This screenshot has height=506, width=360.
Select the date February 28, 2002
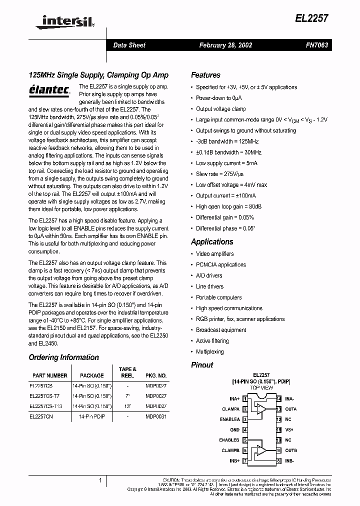coord(225,45)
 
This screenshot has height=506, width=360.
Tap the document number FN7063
coord(317,45)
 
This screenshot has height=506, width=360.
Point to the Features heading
coord(205,75)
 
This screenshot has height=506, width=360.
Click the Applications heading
coord(212,241)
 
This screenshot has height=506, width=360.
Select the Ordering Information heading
coord(63,357)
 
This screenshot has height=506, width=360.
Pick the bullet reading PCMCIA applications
coord(220,265)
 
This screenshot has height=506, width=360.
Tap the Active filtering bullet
coord(212,341)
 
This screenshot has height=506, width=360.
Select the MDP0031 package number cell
coord(156,416)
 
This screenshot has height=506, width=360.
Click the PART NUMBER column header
coord(49,375)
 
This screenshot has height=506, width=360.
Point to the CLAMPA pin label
coord(230,409)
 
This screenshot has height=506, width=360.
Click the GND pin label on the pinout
coord(234,429)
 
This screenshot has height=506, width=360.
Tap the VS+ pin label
coord(289,429)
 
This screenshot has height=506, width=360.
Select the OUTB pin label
coord(291,450)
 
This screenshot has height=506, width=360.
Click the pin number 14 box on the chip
coord(278,398)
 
